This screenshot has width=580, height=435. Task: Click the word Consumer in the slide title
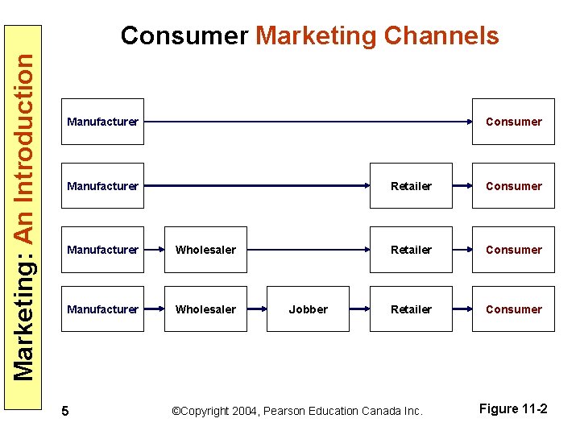[184, 36]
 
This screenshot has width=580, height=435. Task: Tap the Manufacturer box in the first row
[103, 122]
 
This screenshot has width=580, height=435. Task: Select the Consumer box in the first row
[514, 122]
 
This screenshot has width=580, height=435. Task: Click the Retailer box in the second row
[411, 186]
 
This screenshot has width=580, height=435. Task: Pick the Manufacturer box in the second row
[103, 186]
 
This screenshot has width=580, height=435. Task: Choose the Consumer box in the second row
[514, 186]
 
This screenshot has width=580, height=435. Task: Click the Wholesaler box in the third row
[205, 250]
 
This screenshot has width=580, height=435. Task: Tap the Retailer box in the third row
[411, 250]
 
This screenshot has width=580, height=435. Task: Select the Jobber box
[309, 309]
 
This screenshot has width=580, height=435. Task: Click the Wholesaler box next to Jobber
[205, 309]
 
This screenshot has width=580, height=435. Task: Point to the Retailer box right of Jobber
[411, 309]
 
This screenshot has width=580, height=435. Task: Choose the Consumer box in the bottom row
[514, 309]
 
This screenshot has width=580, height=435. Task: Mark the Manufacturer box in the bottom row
[103, 309]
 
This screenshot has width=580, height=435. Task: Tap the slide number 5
[65, 412]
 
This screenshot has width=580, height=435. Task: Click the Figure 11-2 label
[513, 409]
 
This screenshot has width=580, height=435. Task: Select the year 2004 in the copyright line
[246, 411]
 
